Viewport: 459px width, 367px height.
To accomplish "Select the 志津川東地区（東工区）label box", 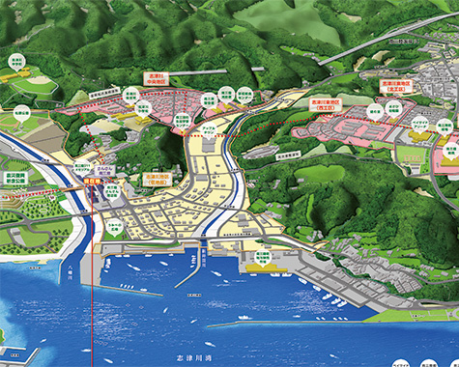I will pyautogui.click(x=399, y=88).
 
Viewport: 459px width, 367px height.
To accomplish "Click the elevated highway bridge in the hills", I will pyautogui.click(x=367, y=47).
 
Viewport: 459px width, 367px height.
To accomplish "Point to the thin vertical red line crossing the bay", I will pyautogui.click(x=91, y=309).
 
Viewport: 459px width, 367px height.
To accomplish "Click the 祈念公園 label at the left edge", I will pyautogui.click(x=14, y=180).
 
